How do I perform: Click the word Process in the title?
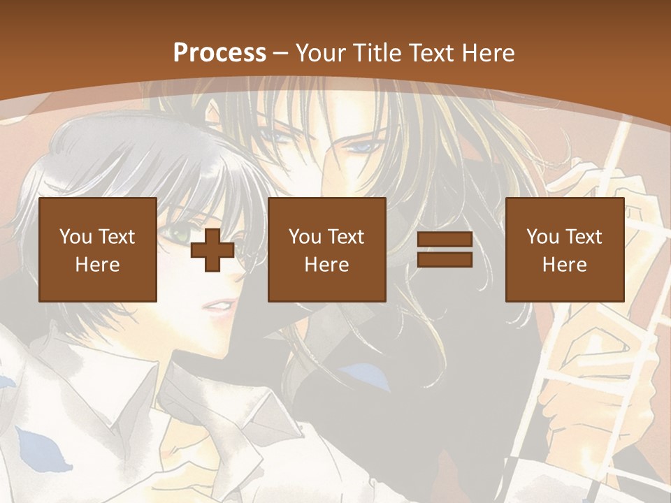pos(219,53)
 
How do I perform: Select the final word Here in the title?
pos(492,53)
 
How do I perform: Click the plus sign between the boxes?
pos(212,250)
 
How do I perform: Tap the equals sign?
pos(445,250)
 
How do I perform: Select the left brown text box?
pos(97,249)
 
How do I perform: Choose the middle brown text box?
pos(326,249)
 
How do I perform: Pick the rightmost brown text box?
pos(564,249)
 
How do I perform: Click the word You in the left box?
pos(75,237)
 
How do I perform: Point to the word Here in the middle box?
pos(326,265)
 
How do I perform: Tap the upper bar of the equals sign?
pos(445,240)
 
